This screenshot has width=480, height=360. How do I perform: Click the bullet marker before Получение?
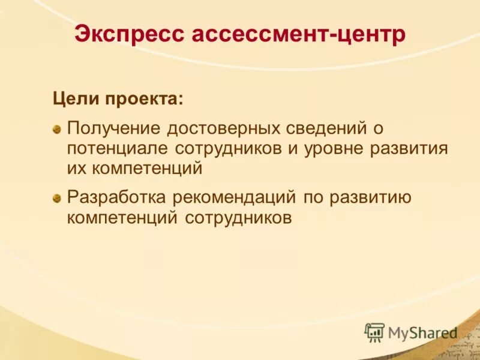tap(56, 129)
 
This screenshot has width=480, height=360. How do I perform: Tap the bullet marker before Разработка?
tap(56, 197)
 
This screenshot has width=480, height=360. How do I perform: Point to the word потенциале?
tap(119, 148)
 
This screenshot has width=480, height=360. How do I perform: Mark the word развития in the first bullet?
tap(413, 148)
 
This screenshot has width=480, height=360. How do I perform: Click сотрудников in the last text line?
tap(238, 217)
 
